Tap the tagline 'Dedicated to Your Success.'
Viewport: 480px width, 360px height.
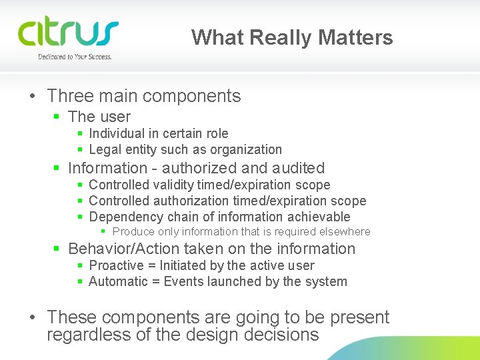(75, 57)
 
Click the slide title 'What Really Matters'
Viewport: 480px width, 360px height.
(292, 37)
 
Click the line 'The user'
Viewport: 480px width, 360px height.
(99, 117)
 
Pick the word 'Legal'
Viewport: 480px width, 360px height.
(104, 149)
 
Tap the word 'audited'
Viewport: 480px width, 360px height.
(299, 168)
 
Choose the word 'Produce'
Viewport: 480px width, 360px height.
(133, 232)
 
